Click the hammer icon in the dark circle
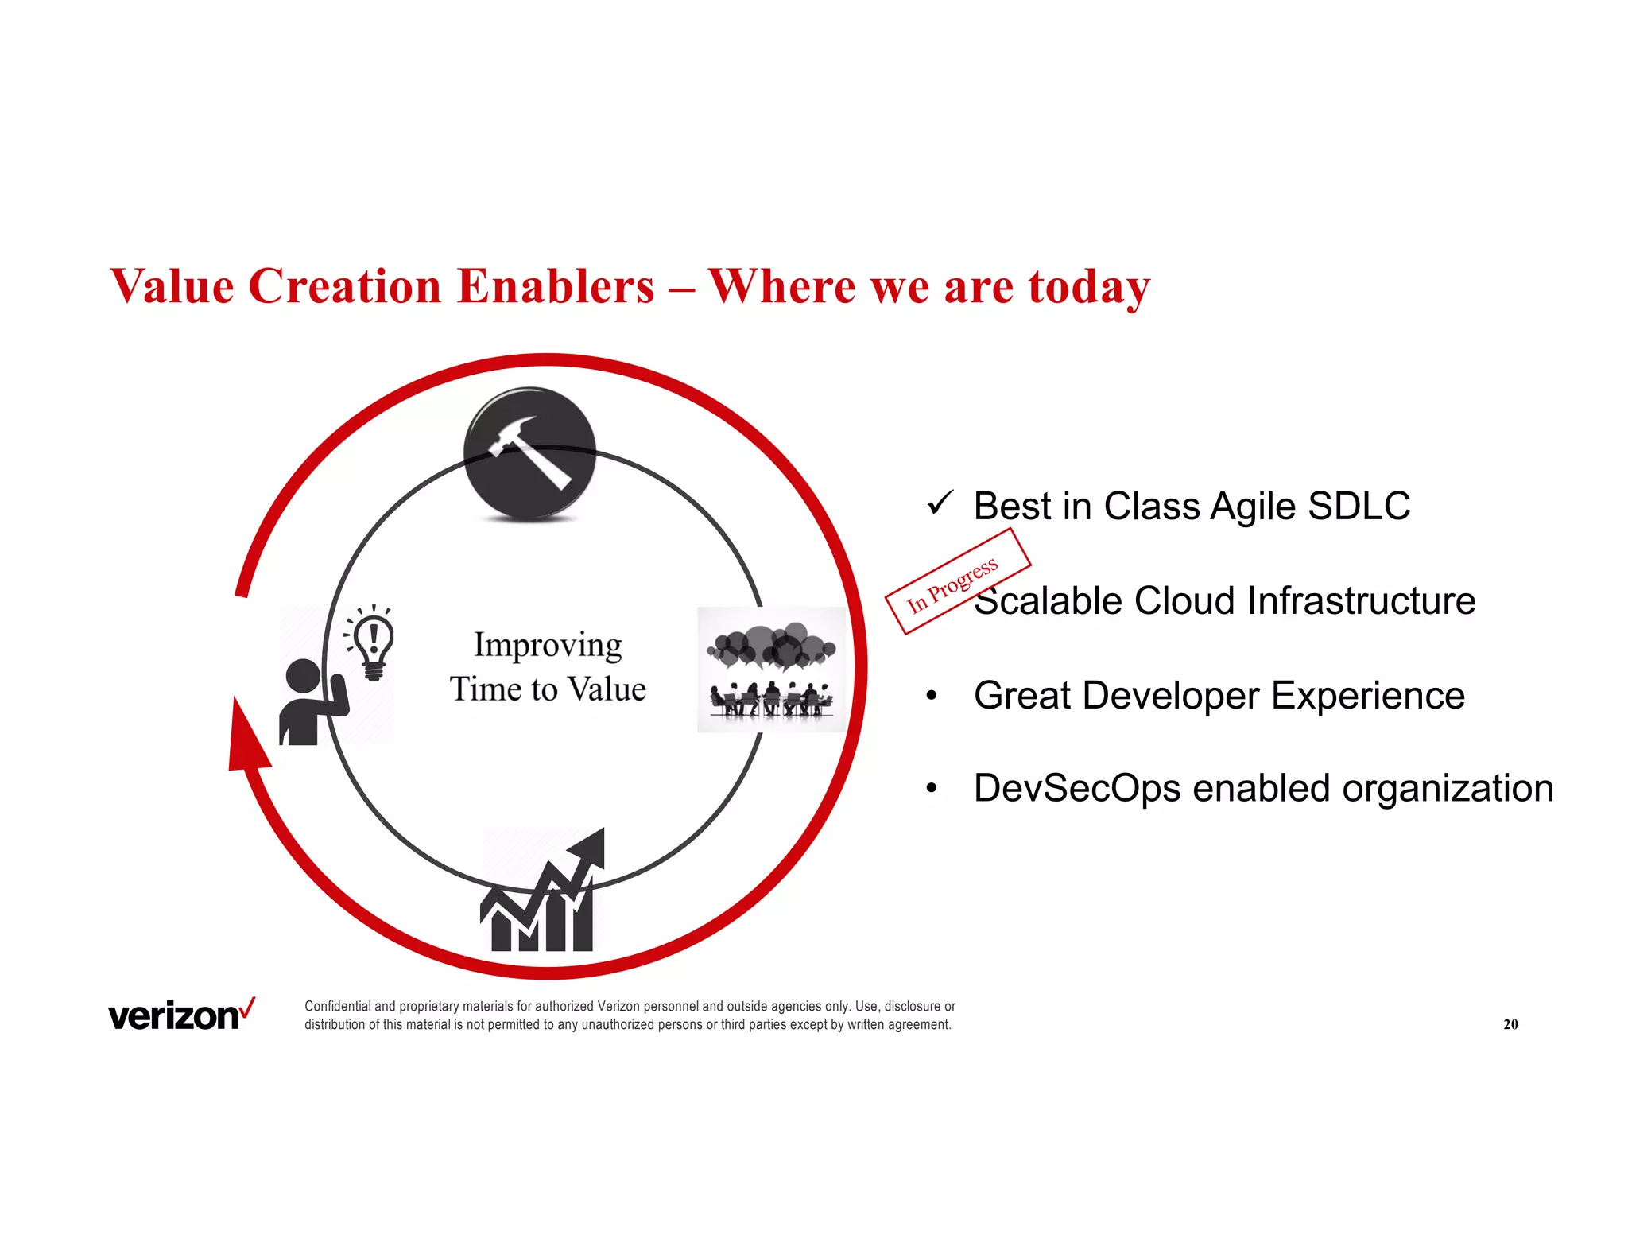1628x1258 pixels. [529, 453]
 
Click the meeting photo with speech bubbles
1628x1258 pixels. [772, 670]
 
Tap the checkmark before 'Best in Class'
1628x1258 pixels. [940, 504]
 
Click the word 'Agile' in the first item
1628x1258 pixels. [1254, 507]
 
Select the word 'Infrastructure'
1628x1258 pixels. [1361, 601]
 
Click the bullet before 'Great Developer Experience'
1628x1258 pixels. [932, 697]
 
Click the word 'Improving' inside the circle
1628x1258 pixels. [548, 646]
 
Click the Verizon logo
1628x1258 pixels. [181, 1015]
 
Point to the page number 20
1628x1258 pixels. [1510, 1024]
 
